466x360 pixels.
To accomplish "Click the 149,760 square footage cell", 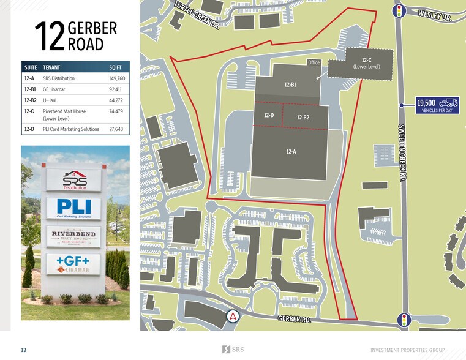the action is [116, 78].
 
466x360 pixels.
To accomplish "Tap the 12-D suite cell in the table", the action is [29, 129].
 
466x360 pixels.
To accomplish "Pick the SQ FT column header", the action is [116, 67].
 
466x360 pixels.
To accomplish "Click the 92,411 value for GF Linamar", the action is [116, 89].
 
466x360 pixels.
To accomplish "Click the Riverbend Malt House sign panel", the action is [74, 237].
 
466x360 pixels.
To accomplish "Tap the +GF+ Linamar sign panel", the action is [74, 264].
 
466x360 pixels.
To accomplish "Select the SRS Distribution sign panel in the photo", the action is [74, 180].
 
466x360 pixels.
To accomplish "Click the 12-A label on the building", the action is [291, 151].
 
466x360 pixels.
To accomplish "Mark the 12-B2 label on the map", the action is [303, 118].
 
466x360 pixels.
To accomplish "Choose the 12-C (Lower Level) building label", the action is [367, 63].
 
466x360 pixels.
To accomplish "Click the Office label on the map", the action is [314, 62].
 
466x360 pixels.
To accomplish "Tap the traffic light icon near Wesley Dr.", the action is [400, 10].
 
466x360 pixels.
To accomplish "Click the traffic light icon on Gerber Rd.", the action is [403, 320].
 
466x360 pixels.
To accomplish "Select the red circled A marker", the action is [233, 317].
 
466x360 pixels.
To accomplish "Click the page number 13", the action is [23, 350].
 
